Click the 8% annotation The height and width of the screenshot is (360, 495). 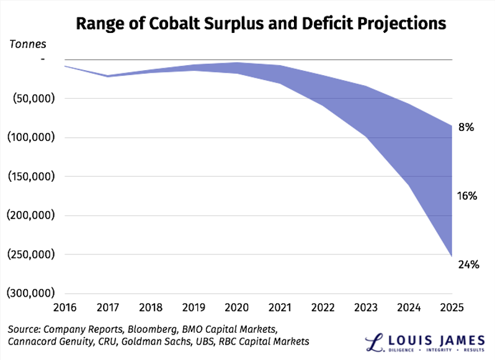pos(466,128)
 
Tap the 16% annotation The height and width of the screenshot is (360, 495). pos(467,196)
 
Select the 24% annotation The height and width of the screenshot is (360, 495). pos(468,264)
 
